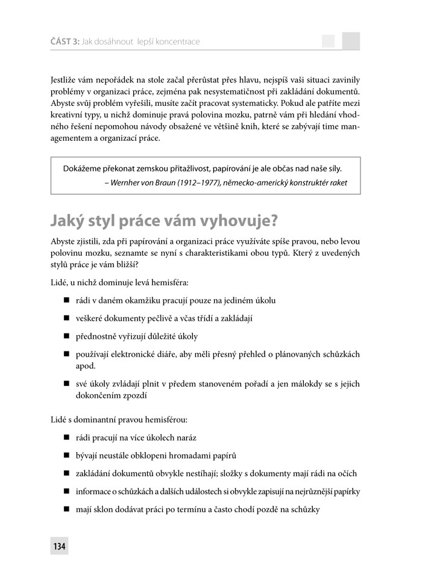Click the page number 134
pos(60,547)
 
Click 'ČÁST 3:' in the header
pos(63,42)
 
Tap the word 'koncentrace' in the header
pos(177,42)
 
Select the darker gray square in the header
pos(351,41)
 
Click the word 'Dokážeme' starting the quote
pos(83,168)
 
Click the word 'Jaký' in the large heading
pos(68,219)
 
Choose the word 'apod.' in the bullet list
pos(87,365)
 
